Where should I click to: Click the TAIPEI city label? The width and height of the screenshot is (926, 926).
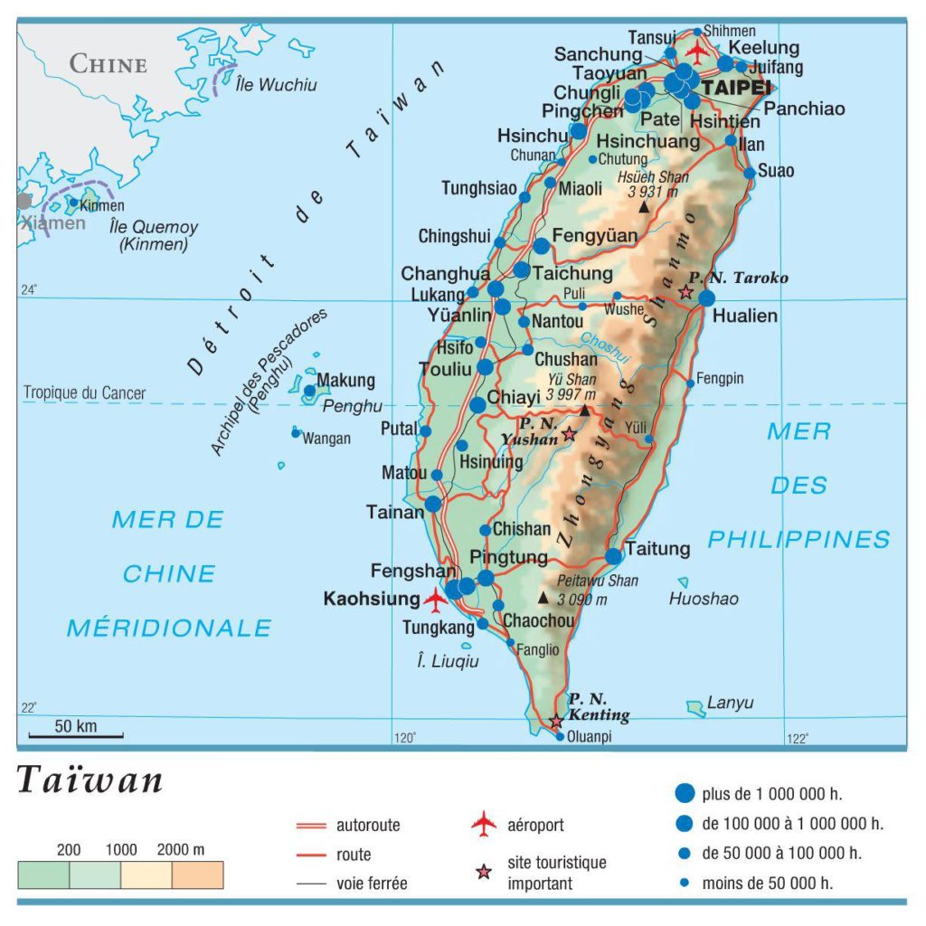tap(736, 89)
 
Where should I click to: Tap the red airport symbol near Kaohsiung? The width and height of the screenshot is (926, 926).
tap(436, 599)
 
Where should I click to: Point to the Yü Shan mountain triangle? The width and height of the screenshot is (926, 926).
tap(584, 411)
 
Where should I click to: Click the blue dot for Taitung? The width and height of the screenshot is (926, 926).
tap(614, 555)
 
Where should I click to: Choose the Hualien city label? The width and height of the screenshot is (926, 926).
tap(744, 317)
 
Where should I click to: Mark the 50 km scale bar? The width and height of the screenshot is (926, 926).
tap(75, 735)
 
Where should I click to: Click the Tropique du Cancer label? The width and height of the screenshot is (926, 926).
tap(84, 393)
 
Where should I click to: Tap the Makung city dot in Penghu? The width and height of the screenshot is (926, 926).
tap(310, 392)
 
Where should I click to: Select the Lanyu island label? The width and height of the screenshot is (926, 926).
tap(730, 703)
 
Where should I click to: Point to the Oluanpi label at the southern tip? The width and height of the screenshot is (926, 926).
tap(589, 737)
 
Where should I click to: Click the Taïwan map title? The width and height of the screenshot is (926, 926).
tap(90, 780)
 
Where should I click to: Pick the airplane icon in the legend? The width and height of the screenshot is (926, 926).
tap(485, 824)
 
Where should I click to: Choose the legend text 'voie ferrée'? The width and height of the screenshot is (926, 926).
tap(372, 883)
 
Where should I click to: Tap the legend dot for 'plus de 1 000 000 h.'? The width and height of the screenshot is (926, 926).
tap(685, 793)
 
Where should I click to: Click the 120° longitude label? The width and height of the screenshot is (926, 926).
tap(404, 739)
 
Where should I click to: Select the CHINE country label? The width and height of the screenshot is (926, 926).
tap(108, 64)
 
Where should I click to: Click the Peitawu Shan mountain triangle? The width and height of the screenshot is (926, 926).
tap(543, 598)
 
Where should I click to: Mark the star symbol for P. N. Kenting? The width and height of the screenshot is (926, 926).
tap(556, 721)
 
